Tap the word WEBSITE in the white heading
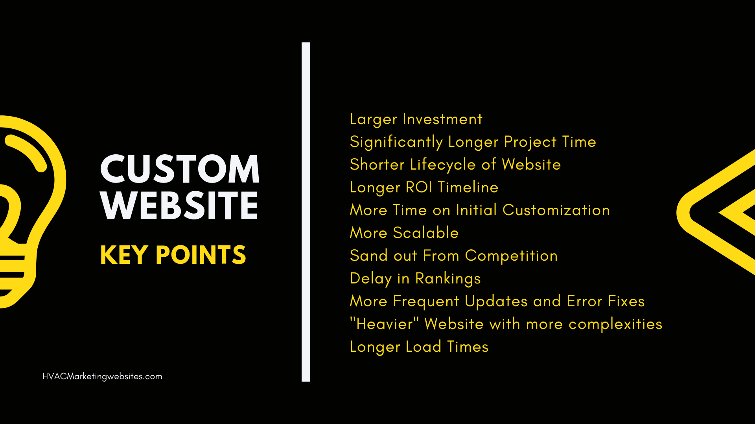(x=179, y=205)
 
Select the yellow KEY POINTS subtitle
(x=173, y=255)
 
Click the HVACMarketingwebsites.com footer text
(x=102, y=376)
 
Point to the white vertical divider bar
(x=306, y=212)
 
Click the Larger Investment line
(x=416, y=119)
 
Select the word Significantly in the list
(x=396, y=142)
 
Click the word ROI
(x=419, y=187)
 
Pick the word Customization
(x=556, y=210)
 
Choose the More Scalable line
(x=404, y=233)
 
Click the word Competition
(x=511, y=256)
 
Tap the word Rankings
(x=448, y=279)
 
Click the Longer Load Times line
(x=419, y=347)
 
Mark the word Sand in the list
(x=369, y=256)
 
